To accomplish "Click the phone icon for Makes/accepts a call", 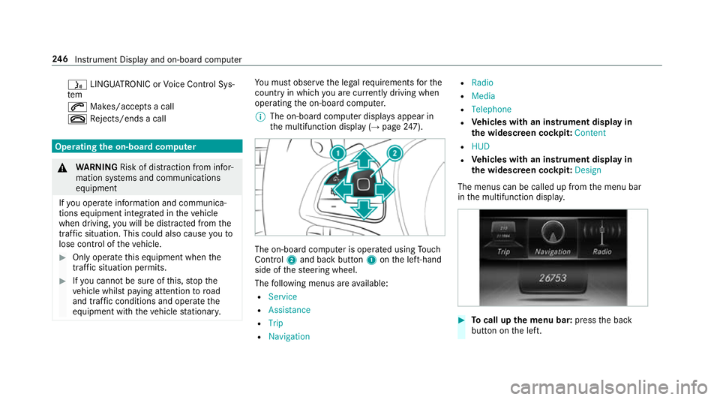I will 73,107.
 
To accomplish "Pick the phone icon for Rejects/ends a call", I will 73,119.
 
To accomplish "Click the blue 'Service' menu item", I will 283,296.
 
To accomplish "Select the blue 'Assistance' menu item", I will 289,310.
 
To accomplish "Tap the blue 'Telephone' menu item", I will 491,109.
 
